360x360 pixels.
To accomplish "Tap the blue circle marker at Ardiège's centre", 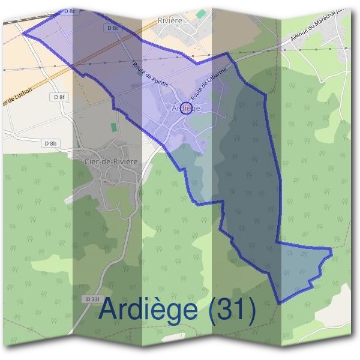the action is [x=186, y=109].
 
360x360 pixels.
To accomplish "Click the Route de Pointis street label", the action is [x=149, y=75].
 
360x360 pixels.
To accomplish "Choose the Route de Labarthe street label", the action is [x=209, y=83].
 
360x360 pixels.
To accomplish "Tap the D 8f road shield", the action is [x=58, y=97].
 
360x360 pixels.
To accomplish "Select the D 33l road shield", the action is [x=92, y=299].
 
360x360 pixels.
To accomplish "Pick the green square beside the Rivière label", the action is [x=200, y=13].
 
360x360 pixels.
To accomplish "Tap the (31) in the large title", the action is [x=232, y=310].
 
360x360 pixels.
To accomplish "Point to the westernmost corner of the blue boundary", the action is [x=23, y=33].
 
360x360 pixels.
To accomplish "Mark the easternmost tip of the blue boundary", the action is [x=332, y=249].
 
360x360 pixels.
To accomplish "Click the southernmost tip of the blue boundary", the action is [x=278, y=303].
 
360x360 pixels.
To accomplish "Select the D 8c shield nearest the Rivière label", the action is [x=112, y=28].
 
